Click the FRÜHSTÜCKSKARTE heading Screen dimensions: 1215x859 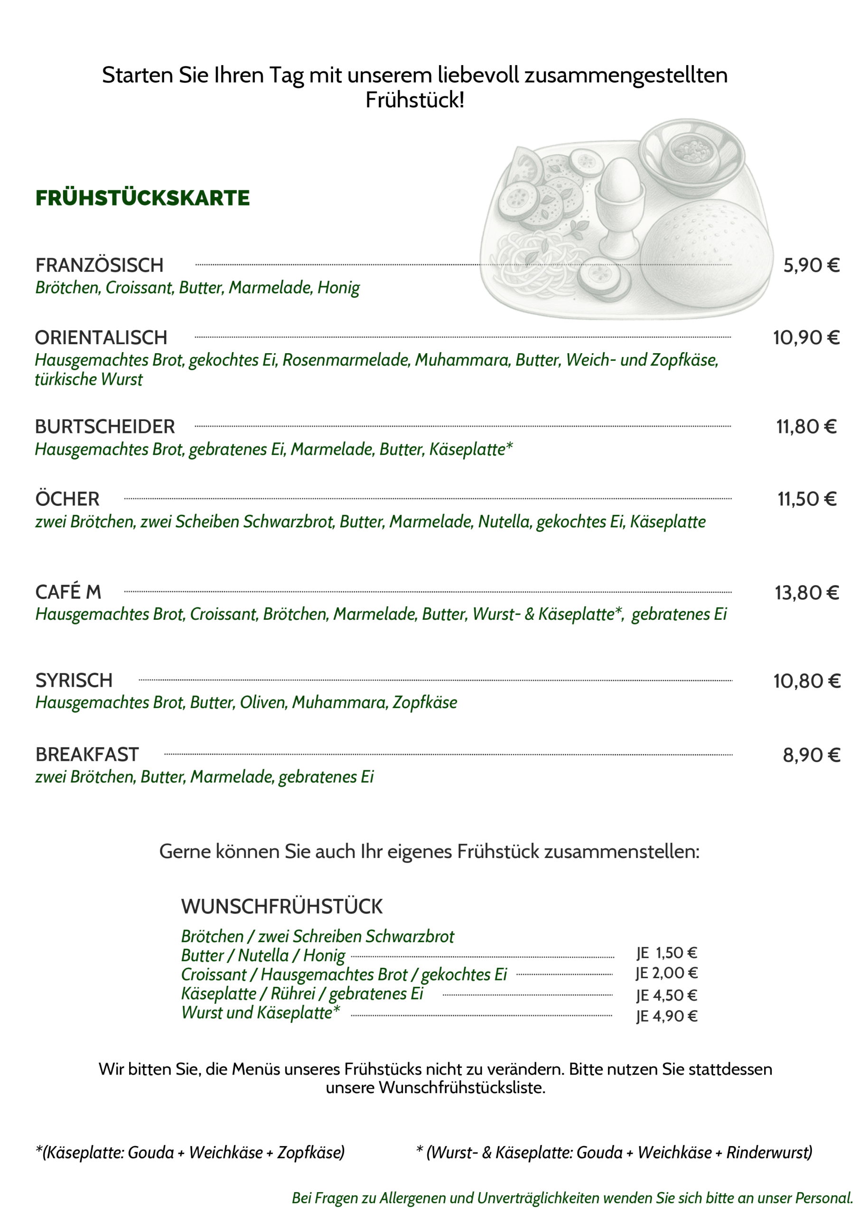point(142,198)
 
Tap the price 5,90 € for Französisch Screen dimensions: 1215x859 point(811,265)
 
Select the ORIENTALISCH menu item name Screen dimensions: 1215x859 point(101,337)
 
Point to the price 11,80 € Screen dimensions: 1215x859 point(806,427)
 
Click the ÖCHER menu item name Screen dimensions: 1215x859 point(67,499)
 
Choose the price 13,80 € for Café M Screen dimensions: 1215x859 point(807,593)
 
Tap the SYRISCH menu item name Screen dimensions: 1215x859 point(74,681)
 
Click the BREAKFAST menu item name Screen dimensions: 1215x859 point(87,755)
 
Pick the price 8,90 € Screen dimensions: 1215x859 point(811,755)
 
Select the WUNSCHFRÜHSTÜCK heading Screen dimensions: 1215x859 point(281,907)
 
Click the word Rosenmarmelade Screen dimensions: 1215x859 point(346,360)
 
